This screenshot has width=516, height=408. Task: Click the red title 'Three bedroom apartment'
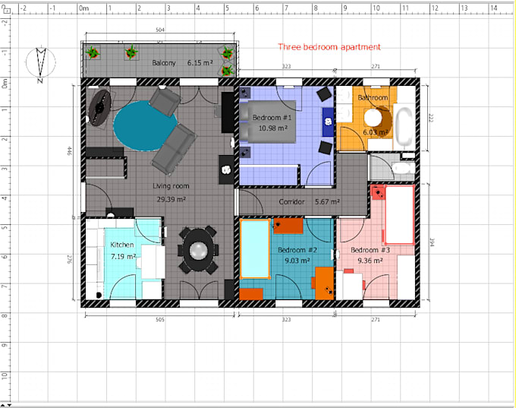click(329, 47)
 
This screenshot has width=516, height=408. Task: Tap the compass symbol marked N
click(41, 63)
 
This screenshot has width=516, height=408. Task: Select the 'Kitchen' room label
click(122, 245)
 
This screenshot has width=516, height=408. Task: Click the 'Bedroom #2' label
click(297, 250)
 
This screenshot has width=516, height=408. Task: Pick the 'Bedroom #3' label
click(370, 250)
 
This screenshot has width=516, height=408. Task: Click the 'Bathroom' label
click(373, 98)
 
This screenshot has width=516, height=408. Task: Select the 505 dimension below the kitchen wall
click(159, 320)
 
